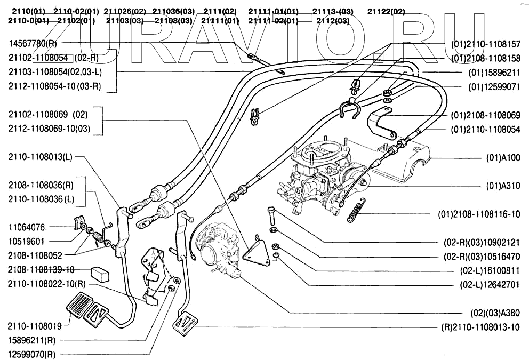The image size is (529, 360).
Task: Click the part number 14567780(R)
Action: (x=33, y=43)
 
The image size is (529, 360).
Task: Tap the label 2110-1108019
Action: (x=35, y=325)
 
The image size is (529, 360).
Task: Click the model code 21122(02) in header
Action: (x=386, y=11)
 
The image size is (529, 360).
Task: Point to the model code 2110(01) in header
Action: (x=26, y=11)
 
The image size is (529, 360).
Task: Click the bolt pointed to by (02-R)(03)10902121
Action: (x=271, y=215)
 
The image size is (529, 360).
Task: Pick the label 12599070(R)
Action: (x=32, y=354)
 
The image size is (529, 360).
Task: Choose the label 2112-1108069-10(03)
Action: (x=49, y=129)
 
